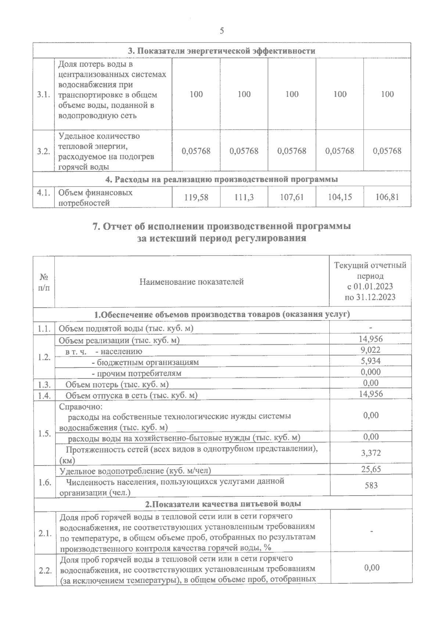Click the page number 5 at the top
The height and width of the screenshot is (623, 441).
pos(222,31)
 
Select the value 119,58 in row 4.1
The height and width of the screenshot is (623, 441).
pos(196,198)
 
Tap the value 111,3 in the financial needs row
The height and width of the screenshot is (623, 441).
pos(244,198)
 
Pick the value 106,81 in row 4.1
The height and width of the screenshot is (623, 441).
pos(387,198)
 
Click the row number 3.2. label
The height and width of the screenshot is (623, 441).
pos(43,151)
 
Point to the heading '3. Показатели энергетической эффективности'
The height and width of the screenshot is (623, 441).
pos(221,51)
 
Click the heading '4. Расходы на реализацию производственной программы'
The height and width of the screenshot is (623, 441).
pos(221,180)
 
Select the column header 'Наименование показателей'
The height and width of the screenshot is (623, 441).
pos(191,282)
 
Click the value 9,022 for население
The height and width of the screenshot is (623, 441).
pos(370,350)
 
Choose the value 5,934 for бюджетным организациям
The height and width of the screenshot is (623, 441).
pos(370,361)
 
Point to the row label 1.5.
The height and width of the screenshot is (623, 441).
pos(44,434)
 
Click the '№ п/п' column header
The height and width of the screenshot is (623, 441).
pos(44,282)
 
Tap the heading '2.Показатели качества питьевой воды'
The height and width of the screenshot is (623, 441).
pos(223,504)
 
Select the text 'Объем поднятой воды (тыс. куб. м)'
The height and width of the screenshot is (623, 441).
pos(126,328)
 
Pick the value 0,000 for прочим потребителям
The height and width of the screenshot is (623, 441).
pos(370,372)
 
